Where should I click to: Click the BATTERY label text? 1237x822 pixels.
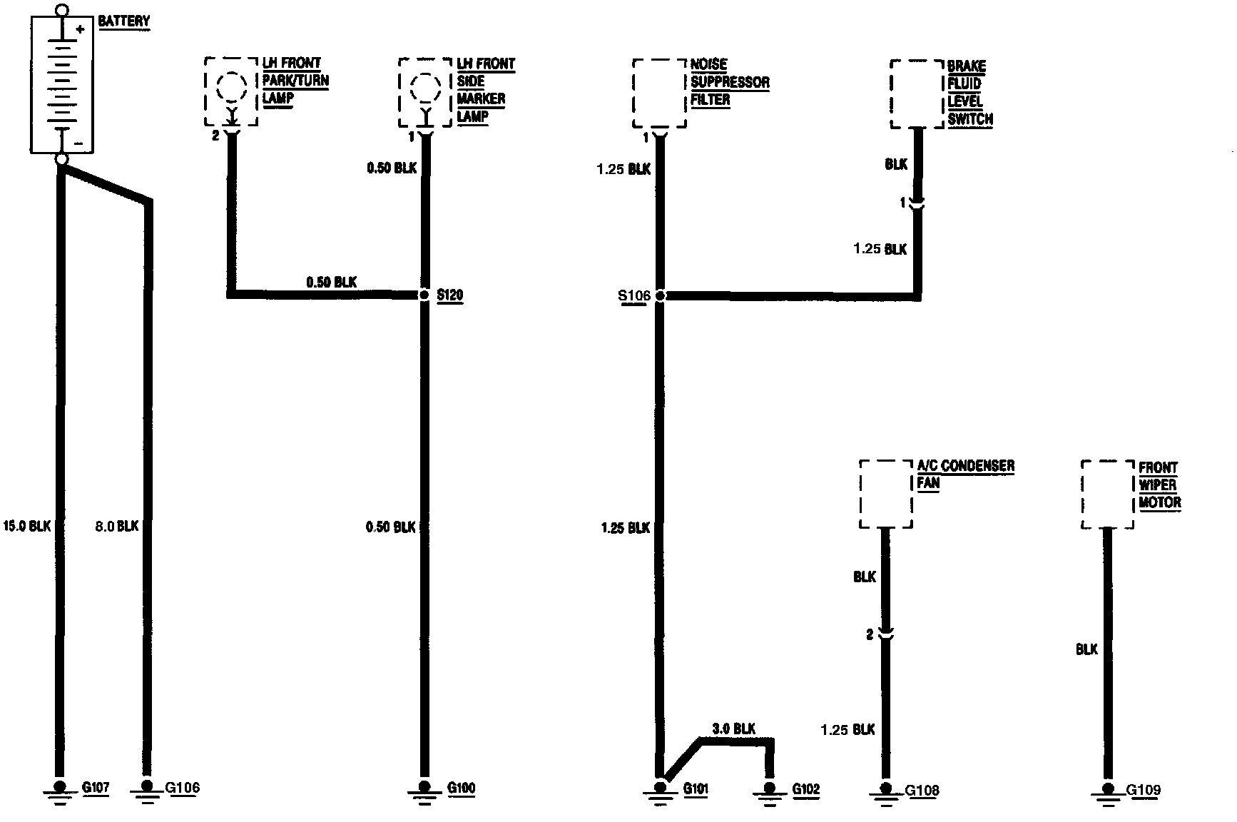pyautogui.click(x=124, y=21)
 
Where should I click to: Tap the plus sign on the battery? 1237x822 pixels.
pyautogui.click(x=81, y=29)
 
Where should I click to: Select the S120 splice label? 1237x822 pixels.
pyautogui.click(x=449, y=295)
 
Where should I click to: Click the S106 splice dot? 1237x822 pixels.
pyautogui.click(x=660, y=295)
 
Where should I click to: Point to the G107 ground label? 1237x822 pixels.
pyautogui.click(x=96, y=788)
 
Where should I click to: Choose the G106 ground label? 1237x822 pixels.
pyautogui.click(x=183, y=788)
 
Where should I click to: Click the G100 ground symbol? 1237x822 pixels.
pyautogui.click(x=424, y=791)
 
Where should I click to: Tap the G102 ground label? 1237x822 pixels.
pyautogui.click(x=806, y=789)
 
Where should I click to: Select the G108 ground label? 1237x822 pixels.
pyautogui.click(x=922, y=790)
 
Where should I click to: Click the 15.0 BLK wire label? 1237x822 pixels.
pyautogui.click(x=27, y=526)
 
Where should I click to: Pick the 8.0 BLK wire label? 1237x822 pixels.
pyautogui.click(x=116, y=526)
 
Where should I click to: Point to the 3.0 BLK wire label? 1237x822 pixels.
pyautogui.click(x=734, y=729)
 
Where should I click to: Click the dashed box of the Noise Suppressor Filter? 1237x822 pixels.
pyautogui.click(x=660, y=93)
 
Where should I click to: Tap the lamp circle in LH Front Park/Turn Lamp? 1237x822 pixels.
pyautogui.click(x=231, y=87)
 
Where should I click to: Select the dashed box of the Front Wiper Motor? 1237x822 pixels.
pyautogui.click(x=1108, y=494)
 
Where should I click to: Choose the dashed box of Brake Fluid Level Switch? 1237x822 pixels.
pyautogui.click(x=917, y=93)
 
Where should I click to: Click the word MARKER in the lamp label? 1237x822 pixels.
pyautogui.click(x=481, y=98)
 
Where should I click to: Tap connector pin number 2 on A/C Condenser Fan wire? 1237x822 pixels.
pyautogui.click(x=870, y=634)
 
